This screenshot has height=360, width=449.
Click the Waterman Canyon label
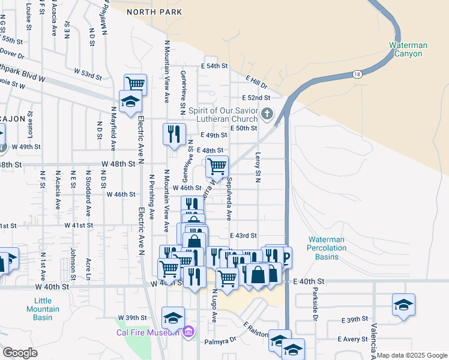pos(408,49)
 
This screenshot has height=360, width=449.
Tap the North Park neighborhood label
pos(152,11)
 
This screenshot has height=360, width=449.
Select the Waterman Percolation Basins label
pos(326,248)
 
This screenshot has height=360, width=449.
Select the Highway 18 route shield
pos(358,74)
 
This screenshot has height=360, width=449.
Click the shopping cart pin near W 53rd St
pos(136,83)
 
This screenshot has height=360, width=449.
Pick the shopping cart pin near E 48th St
pos(217,166)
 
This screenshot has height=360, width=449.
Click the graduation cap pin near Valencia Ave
pos(403,304)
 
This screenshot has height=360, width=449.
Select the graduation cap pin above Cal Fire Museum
pos(173,316)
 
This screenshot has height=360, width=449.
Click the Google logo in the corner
pos(20,353)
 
